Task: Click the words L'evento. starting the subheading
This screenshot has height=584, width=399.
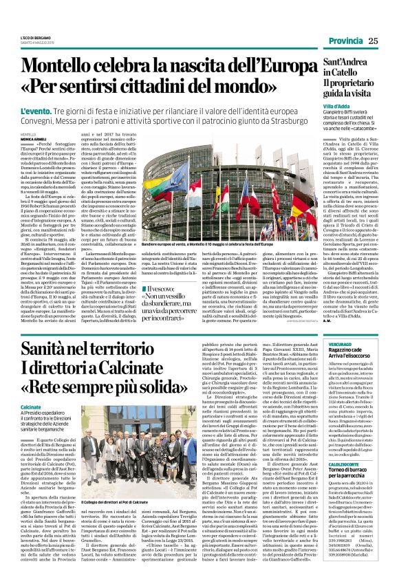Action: [x=36, y=111]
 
